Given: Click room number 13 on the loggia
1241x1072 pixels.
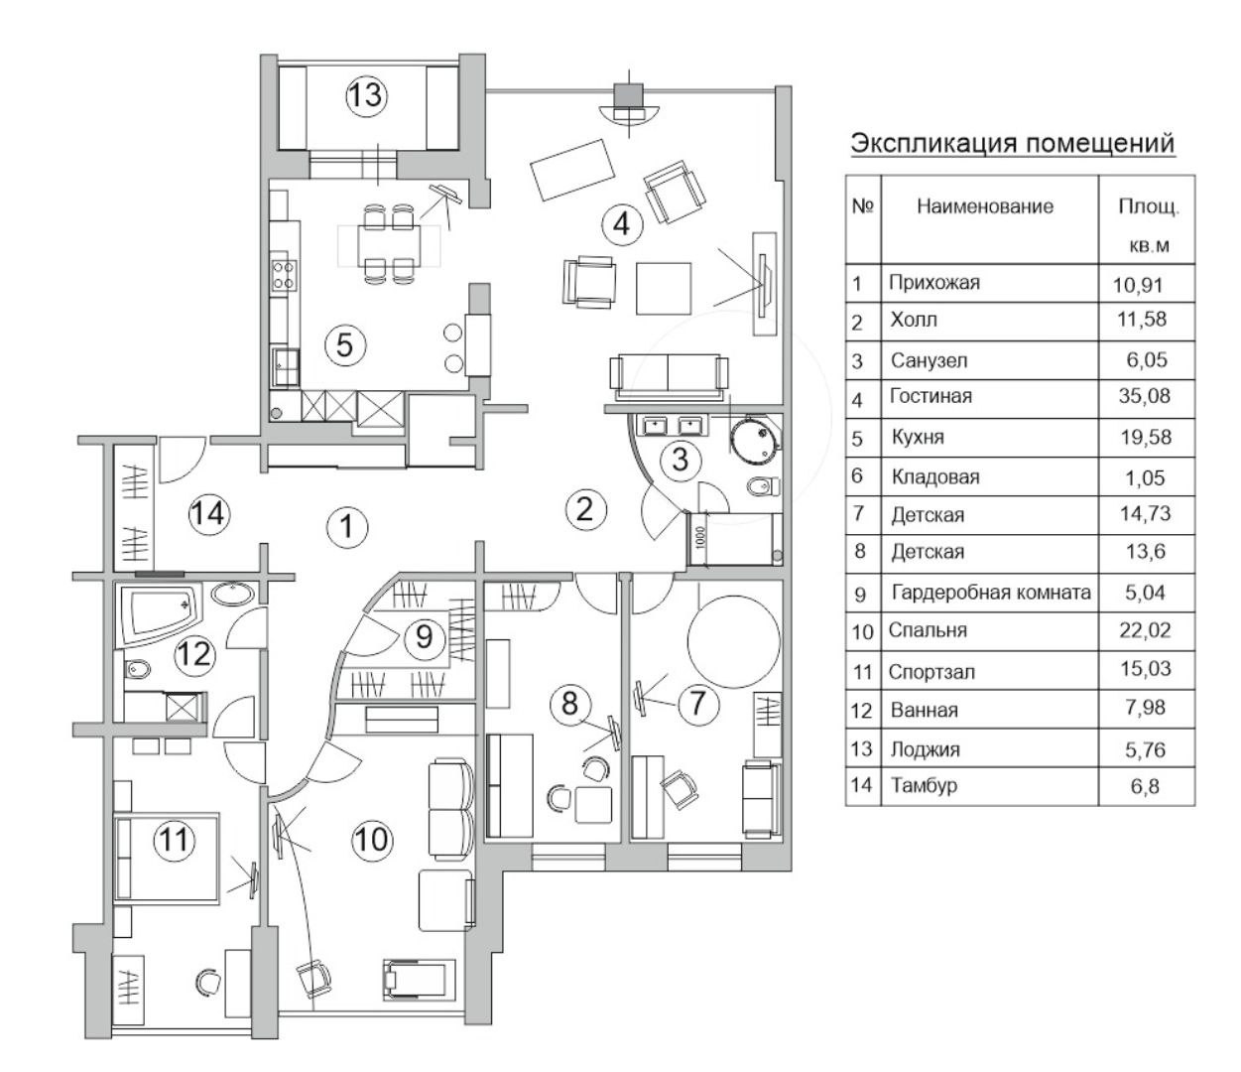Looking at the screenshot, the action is pyautogui.click(x=365, y=96).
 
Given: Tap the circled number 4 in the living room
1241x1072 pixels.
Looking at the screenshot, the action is pyautogui.click(x=621, y=223).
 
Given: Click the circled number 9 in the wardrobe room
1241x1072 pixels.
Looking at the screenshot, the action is pyautogui.click(x=425, y=635).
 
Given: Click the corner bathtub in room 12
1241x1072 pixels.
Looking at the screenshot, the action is pyautogui.click(x=159, y=613).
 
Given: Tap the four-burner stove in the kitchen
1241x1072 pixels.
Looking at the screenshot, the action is pyautogui.click(x=283, y=274).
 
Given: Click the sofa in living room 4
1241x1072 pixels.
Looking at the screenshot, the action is pyautogui.click(x=669, y=374).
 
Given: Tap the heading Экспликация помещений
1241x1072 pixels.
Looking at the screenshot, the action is pyautogui.click(x=1012, y=143).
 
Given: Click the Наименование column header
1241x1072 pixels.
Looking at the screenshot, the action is pyautogui.click(x=984, y=206).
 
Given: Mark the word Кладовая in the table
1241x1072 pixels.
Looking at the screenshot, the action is pyautogui.click(x=934, y=476).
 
